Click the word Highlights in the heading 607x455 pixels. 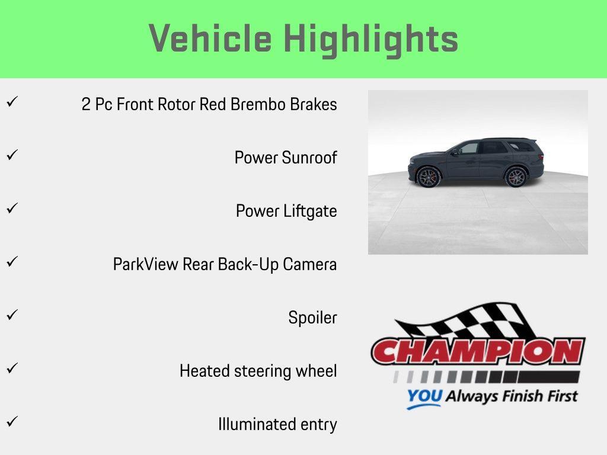coord(371,40)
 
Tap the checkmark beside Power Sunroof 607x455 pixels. coord(12,155)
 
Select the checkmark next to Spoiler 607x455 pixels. coord(12,315)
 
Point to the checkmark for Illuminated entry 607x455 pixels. coord(12,421)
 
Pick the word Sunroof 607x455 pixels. coord(309,158)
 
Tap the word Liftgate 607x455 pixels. coord(310,212)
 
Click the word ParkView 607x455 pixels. coord(146,264)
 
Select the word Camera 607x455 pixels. coord(309,264)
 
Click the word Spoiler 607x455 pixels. coord(313,318)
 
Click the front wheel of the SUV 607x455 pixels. coord(428,177)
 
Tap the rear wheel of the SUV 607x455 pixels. coord(516,177)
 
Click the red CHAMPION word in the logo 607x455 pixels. coord(478,351)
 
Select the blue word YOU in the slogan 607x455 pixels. coord(424,396)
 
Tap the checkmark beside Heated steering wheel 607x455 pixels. coord(12,367)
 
